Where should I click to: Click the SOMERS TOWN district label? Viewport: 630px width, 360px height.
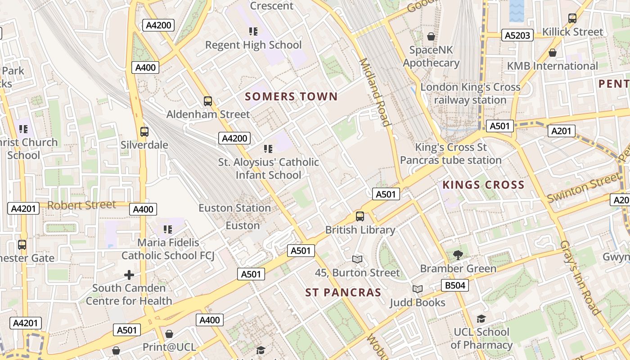pos(291,96)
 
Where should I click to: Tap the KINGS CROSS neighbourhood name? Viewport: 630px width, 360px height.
pos(483,184)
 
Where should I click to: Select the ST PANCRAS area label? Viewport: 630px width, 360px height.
pos(343,292)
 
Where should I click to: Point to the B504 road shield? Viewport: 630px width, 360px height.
pos(455,285)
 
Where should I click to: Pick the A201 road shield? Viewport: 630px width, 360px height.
pos(562,131)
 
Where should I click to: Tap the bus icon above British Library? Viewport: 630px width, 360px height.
pos(360,216)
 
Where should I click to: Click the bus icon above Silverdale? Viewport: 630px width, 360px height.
pos(144,132)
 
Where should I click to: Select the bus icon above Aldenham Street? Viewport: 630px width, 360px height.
pos(207,101)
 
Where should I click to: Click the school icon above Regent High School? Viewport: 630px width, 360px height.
pos(253,31)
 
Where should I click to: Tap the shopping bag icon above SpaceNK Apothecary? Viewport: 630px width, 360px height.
pos(431,36)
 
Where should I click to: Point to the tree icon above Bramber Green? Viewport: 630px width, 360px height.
pos(458,255)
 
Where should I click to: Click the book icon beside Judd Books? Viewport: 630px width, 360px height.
pos(418,289)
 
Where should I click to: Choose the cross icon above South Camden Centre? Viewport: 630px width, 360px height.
pos(129,274)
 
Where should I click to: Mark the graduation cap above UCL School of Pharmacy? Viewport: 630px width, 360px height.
pos(481,319)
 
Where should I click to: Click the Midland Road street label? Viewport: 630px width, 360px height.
pos(374,92)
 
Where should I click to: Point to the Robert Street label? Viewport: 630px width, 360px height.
pos(81,205)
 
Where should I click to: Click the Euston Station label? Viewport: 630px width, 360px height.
pos(234,208)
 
